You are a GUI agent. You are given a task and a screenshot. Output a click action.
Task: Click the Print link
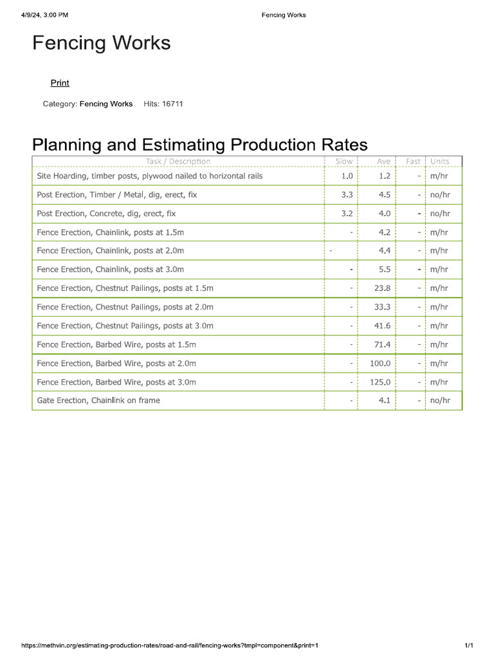pos(60,83)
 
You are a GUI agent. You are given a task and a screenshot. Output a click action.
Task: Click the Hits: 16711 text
pos(163,104)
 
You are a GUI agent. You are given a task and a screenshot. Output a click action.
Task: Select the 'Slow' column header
pos(344,162)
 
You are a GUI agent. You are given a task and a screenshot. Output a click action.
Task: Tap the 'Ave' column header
pos(383,162)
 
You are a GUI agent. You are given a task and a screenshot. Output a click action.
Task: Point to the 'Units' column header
pos(440,162)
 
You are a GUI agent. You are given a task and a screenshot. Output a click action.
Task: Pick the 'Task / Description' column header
pos(178,162)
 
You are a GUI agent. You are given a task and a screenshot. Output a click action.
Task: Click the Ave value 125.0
pos(380,382)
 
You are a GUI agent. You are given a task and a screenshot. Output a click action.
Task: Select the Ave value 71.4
pos(382,345)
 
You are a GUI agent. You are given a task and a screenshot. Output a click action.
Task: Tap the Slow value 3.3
pos(347,195)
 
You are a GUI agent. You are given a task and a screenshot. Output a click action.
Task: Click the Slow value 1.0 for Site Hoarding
pos(347,176)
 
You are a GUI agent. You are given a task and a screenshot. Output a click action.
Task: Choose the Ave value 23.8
pos(382,288)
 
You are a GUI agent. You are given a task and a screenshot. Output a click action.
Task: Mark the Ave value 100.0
pos(380,364)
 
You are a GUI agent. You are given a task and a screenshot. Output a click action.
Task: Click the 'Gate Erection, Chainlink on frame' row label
pos(98,400)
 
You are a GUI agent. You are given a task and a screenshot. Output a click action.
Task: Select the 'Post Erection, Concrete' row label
pos(106,214)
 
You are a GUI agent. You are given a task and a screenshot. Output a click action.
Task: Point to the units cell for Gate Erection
pos(440,400)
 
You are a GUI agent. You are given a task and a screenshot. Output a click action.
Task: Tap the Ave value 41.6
pos(382,326)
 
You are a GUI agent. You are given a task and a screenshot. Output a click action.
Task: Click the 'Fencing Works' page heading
pos(102,43)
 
